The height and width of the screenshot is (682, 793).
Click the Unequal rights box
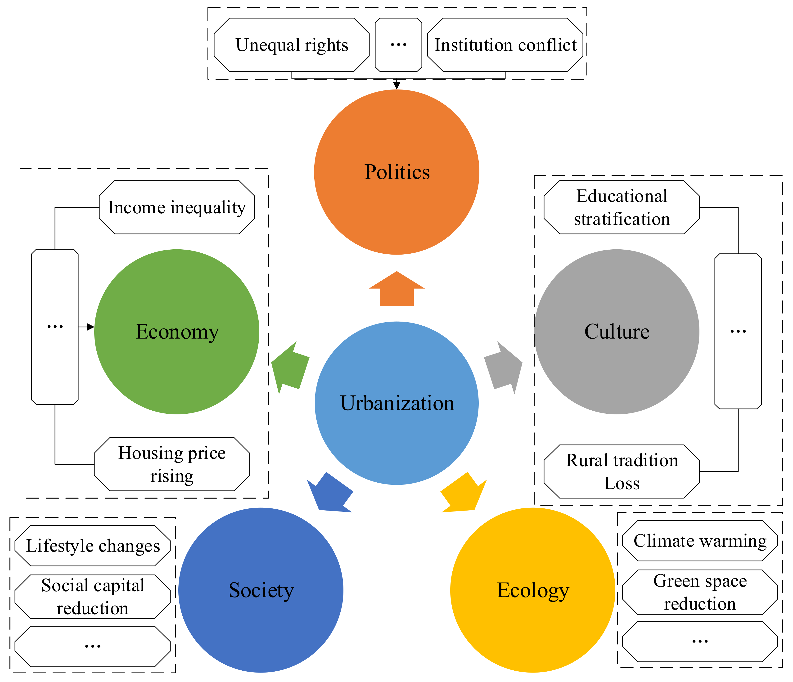pos(292,45)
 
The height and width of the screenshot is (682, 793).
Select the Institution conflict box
pos(505,45)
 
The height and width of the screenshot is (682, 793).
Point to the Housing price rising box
pos(172,464)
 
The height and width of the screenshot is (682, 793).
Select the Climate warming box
pos(700,541)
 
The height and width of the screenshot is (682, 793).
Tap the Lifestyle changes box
pos(93,546)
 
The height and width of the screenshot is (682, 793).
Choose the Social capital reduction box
pos(93,597)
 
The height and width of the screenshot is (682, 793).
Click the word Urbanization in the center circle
pos(397,403)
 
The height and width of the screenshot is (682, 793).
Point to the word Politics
pos(397,172)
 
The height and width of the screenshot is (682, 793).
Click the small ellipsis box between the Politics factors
pos(398,45)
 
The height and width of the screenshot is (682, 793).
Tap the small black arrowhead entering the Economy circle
pos(90,327)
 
